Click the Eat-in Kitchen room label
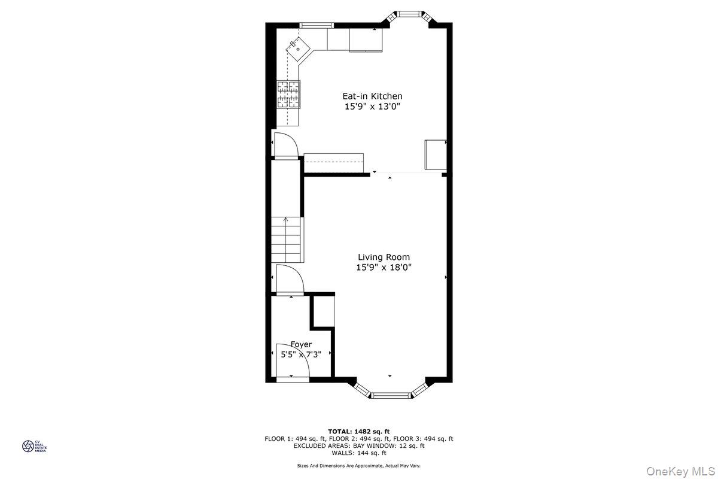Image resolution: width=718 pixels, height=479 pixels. (x=372, y=96)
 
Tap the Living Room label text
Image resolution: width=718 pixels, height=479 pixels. (x=384, y=257)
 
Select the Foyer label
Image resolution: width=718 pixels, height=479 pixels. (x=301, y=344)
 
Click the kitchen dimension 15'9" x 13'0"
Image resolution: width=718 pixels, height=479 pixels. (x=372, y=107)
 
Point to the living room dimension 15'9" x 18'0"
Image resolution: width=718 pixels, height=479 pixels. (x=384, y=267)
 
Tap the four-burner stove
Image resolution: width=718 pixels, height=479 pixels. (x=288, y=95)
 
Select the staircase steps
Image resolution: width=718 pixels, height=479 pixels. (x=287, y=239)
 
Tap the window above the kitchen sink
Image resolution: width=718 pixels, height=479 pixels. (x=316, y=25)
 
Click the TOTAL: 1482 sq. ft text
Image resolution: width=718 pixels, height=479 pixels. (x=359, y=431)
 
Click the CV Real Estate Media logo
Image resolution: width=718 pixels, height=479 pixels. (x=28, y=446)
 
